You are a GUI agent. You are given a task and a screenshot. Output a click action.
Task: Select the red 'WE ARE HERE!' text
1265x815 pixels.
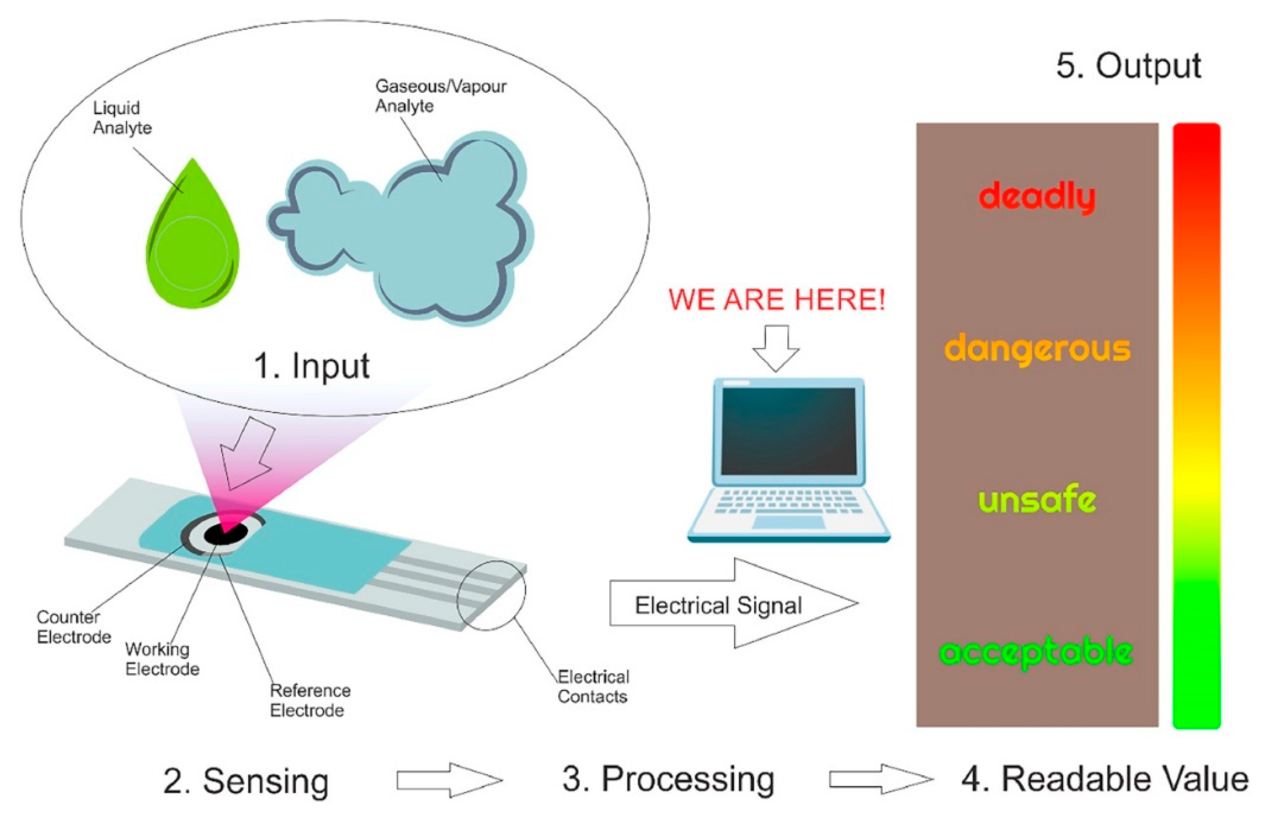coord(776,299)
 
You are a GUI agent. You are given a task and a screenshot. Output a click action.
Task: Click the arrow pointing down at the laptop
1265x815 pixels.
coord(776,348)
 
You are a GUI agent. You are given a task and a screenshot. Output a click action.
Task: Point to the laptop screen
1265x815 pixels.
coord(788,431)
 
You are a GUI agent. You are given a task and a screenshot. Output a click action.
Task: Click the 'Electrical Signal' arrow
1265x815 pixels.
coord(733,603)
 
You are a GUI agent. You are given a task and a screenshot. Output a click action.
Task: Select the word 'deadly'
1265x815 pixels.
coord(1037,197)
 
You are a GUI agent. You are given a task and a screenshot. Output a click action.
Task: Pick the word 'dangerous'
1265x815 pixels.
coord(1037,349)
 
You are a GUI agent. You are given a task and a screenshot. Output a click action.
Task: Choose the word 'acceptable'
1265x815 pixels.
coord(1036,652)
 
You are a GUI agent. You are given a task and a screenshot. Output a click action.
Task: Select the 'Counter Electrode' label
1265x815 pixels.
coord(74,627)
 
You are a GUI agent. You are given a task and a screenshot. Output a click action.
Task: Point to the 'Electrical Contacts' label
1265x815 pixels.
coord(593,686)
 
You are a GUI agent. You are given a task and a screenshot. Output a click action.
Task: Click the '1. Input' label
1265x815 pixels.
coord(311,366)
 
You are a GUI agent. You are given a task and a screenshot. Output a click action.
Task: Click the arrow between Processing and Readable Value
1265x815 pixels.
coord(881,779)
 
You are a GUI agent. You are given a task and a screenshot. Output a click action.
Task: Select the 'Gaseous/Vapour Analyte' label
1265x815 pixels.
coord(441,96)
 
